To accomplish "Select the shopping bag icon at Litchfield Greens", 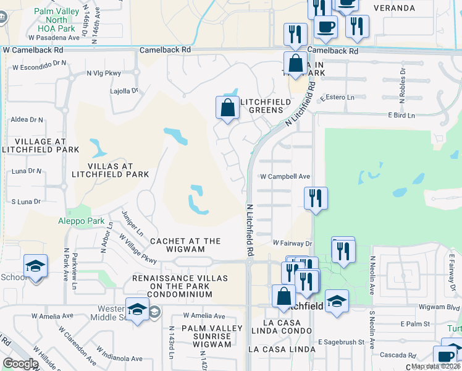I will pyautogui.click(x=228, y=108).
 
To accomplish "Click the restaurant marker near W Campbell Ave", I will pyautogui.click(x=316, y=199).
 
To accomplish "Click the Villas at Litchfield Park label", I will pyautogui.click(x=111, y=170).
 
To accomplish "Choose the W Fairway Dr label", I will pyautogui.click(x=293, y=243).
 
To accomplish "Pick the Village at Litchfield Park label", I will pyautogui.click(x=41, y=145).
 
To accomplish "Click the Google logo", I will pyautogui.click(x=20, y=364).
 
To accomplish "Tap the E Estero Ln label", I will pyautogui.click(x=337, y=98).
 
